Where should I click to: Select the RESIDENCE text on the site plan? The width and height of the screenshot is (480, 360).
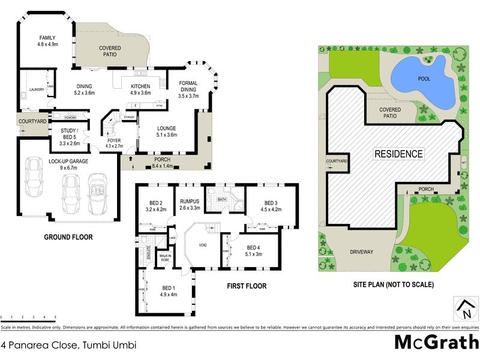(398, 154)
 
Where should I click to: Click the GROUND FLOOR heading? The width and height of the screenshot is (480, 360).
(68, 237)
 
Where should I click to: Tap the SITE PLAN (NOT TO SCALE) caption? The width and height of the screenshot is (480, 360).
(394, 284)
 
